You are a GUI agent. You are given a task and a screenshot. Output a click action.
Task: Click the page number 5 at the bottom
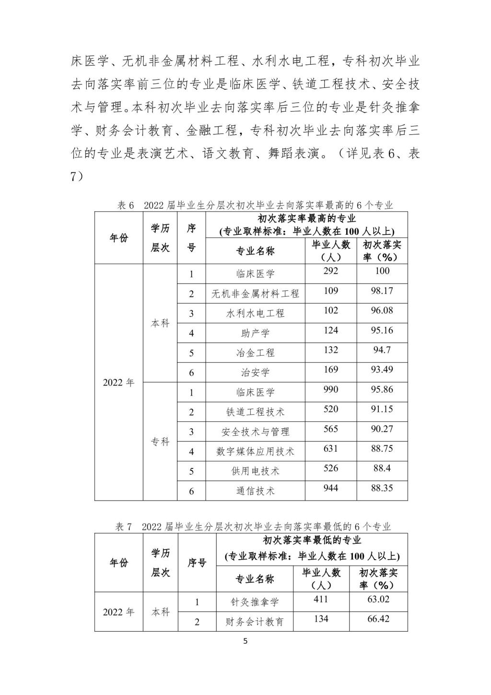tap(245, 641)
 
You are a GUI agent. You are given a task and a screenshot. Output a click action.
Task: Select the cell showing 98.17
tap(382, 291)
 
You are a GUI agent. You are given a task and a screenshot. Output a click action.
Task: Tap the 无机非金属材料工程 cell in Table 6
tap(255, 294)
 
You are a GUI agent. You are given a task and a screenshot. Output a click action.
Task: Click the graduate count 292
tap(331, 271)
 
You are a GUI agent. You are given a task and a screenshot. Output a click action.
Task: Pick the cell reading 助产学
tap(255, 333)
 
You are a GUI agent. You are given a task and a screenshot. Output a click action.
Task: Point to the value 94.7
tap(382, 350)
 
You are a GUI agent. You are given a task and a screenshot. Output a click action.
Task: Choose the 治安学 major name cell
tap(255, 372)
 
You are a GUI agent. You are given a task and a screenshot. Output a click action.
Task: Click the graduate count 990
tap(331, 389)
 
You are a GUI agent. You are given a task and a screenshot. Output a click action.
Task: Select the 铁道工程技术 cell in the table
tap(255, 412)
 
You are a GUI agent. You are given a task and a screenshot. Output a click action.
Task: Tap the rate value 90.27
tap(382, 429)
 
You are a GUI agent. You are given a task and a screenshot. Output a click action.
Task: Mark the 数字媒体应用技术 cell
tap(255, 451)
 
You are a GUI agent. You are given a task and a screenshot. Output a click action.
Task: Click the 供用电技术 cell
tap(255, 471)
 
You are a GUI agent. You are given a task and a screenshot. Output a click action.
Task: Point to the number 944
tap(331, 488)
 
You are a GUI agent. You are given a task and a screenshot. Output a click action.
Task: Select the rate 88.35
tap(382, 488)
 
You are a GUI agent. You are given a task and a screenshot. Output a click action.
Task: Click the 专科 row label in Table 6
tap(160, 442)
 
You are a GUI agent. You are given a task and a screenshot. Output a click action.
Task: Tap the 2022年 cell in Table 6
tap(119, 383)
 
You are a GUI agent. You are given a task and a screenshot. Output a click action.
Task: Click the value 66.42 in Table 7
tap(378, 619)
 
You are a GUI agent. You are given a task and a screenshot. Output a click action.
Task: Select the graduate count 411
tap(321, 599)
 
